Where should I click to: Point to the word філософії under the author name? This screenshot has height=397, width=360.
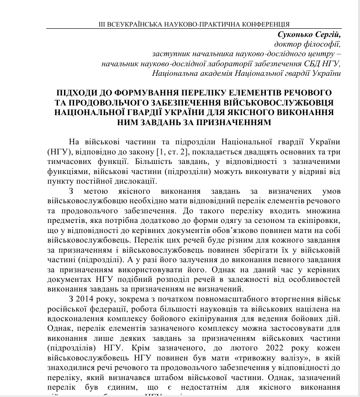[322, 44]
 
